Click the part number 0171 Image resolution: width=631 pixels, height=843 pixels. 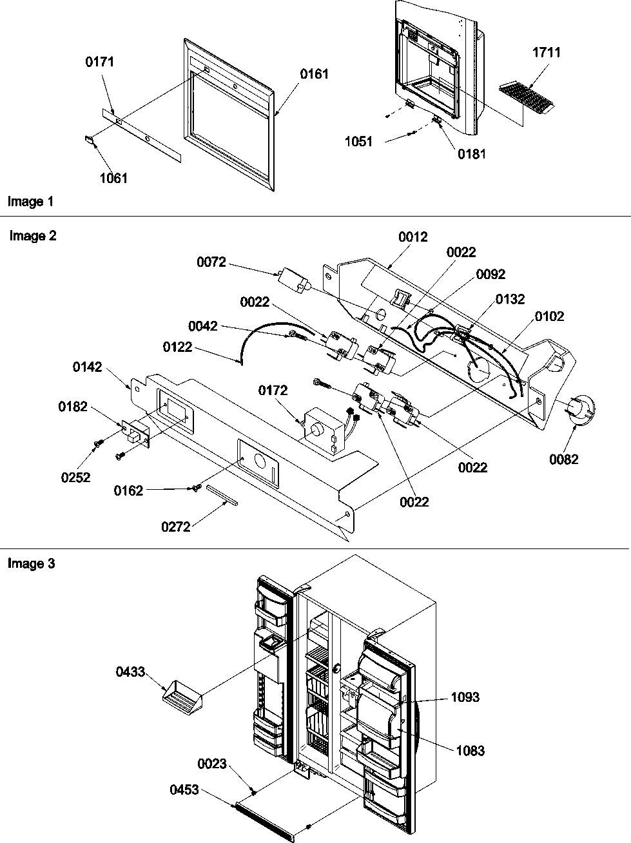pyautogui.click(x=99, y=62)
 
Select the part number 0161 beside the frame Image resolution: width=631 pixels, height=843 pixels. pyautogui.click(x=314, y=74)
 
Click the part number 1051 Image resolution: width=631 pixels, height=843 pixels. pyautogui.click(x=358, y=141)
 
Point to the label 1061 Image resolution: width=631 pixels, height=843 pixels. pyautogui.click(x=113, y=179)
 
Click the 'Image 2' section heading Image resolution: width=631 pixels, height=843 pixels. pyautogui.click(x=33, y=236)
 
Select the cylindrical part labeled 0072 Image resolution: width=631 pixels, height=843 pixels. pyautogui.click(x=294, y=282)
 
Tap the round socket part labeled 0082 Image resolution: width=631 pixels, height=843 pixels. pyautogui.click(x=580, y=411)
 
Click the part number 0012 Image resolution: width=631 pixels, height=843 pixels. pyautogui.click(x=412, y=237)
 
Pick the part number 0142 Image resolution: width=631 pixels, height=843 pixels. pyautogui.click(x=87, y=367)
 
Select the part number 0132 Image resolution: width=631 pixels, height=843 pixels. pyautogui.click(x=510, y=299)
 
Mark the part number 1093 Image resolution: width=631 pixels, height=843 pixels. pyautogui.click(x=465, y=697)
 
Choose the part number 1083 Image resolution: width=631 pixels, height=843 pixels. pyautogui.click(x=470, y=750)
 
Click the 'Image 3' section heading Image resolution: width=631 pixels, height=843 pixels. pyautogui.click(x=32, y=563)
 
